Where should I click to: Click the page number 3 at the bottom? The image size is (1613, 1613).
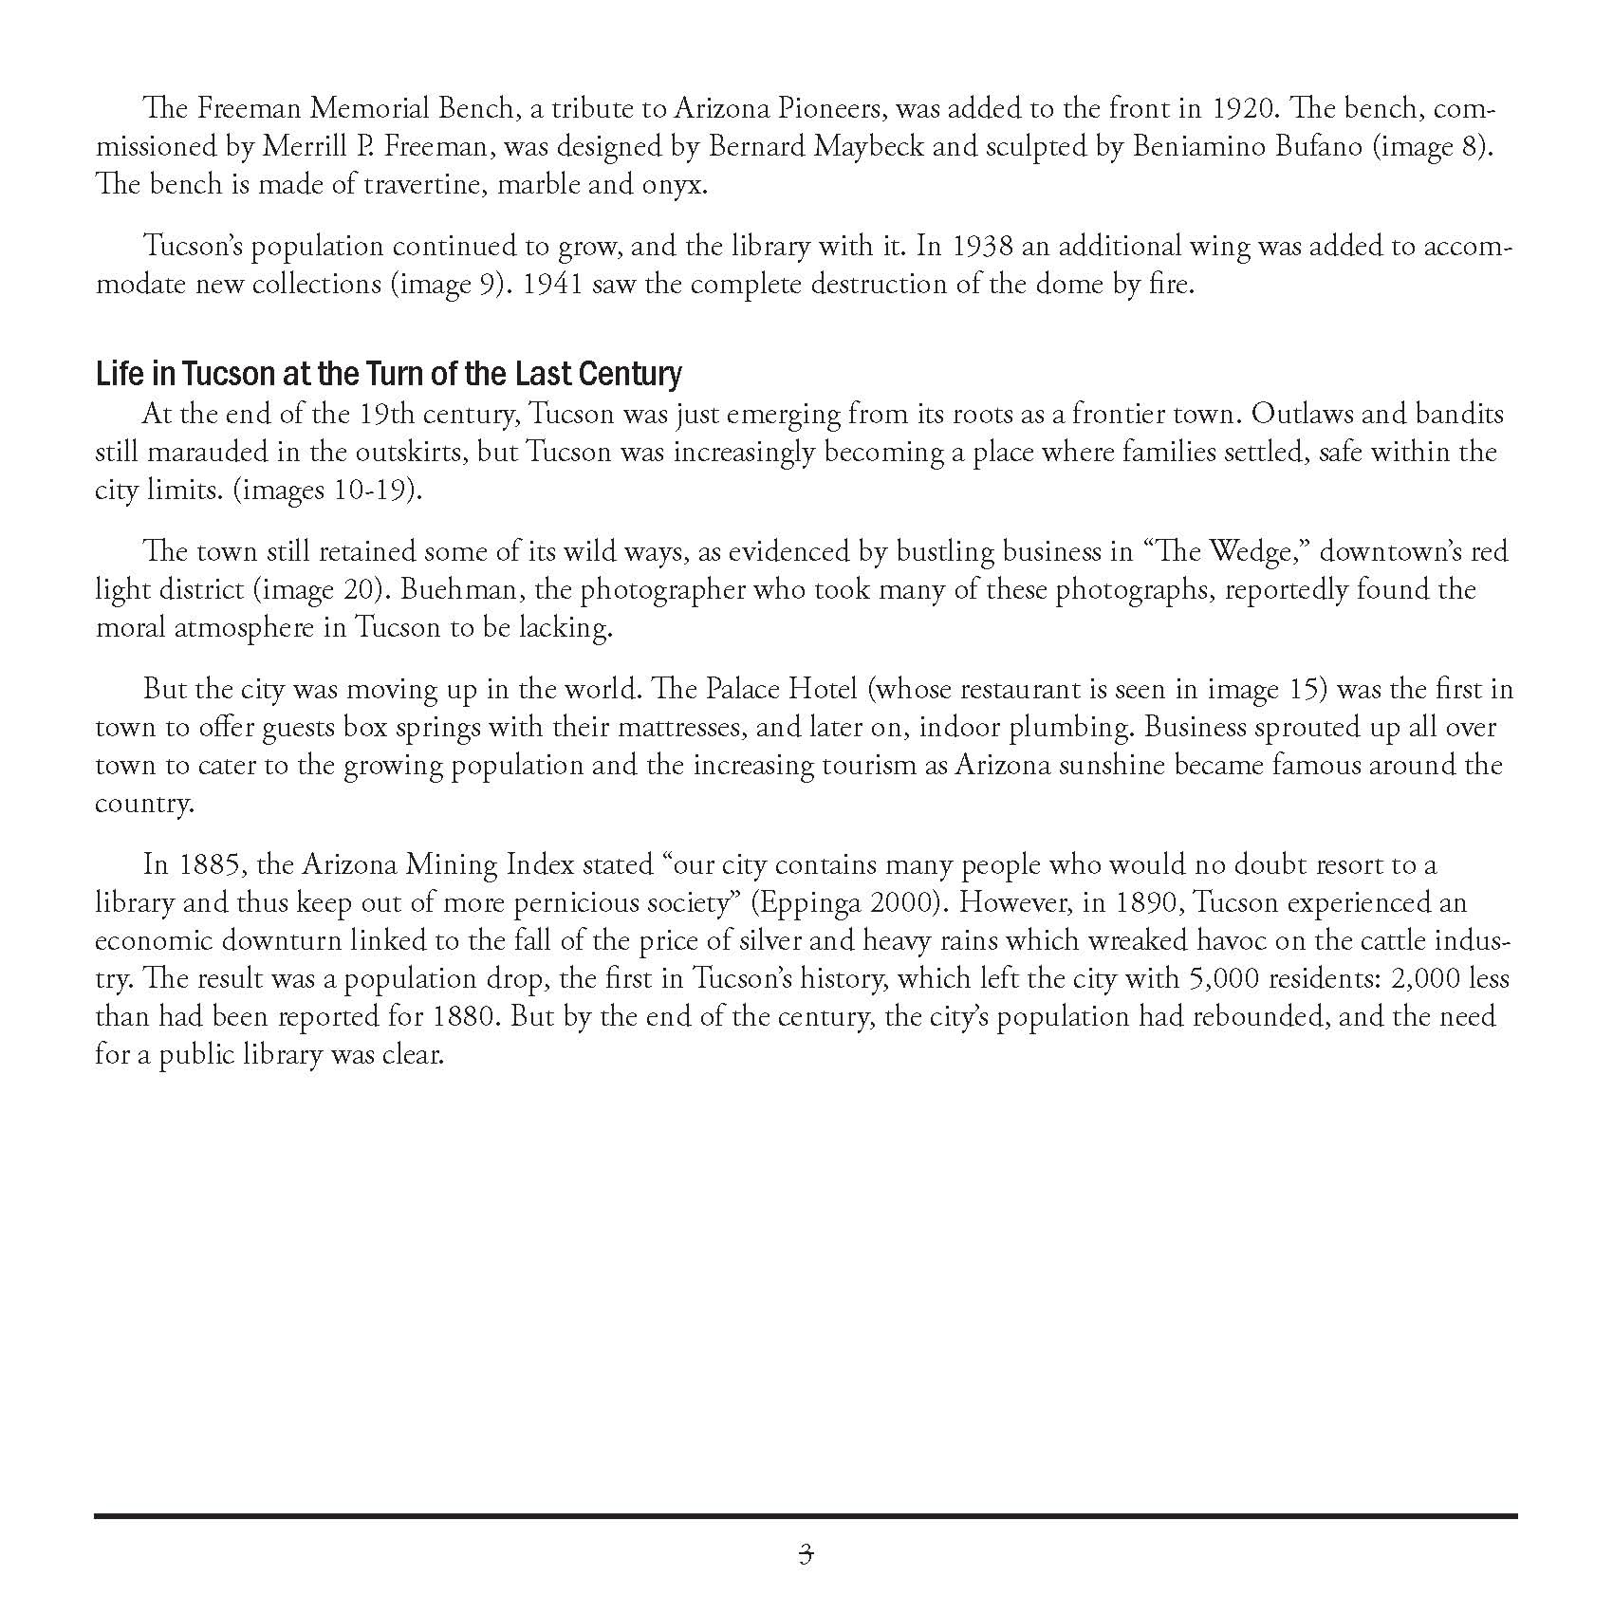806,1554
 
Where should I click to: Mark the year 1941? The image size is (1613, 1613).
553,285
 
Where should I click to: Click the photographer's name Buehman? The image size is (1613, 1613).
449,590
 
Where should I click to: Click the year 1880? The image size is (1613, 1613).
465,1017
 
